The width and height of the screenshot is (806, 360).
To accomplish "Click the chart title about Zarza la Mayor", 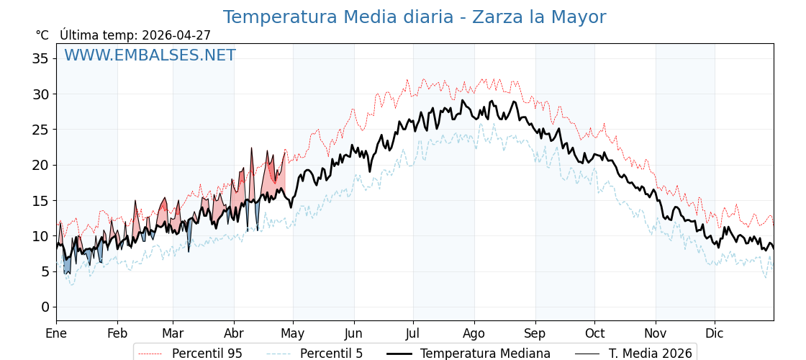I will tap(414, 17).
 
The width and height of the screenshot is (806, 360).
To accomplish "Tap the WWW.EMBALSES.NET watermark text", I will tap(150, 55).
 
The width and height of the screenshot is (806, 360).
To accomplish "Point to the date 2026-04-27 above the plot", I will tap(176, 35).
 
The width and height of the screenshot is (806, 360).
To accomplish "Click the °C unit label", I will tap(42, 35).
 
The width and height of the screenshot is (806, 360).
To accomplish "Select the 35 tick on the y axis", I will tap(40, 58).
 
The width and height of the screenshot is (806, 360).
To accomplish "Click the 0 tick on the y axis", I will tap(45, 307).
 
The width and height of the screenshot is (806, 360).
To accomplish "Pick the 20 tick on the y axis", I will tap(40, 165).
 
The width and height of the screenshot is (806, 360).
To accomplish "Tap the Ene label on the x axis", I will tap(56, 333).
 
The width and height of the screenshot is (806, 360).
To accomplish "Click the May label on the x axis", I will tap(293, 333).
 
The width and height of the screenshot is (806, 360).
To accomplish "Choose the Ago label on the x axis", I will tap(474, 333).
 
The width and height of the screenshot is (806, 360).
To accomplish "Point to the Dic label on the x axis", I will tap(715, 333).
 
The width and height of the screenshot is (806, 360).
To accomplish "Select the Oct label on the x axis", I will tap(594, 333).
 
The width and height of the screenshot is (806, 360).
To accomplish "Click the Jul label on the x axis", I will tap(413, 333).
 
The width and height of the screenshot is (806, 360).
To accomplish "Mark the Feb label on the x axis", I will tap(117, 333).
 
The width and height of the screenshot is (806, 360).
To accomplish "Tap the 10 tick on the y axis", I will tap(40, 236).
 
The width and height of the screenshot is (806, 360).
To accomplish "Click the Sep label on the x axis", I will tap(535, 333).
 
